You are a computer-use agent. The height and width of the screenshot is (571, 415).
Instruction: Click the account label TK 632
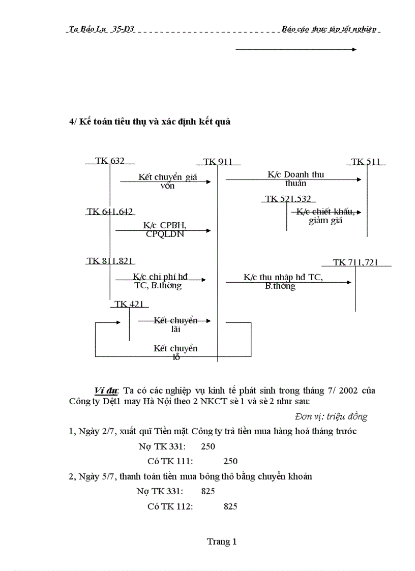(x=109, y=161)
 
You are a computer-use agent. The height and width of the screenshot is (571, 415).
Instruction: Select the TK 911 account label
(x=218, y=162)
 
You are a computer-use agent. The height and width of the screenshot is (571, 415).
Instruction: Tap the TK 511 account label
(x=366, y=162)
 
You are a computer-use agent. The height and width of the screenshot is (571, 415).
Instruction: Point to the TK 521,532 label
(x=288, y=199)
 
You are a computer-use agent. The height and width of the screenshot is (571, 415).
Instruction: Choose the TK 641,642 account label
(x=110, y=212)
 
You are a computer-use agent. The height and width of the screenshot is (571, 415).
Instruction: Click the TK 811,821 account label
(x=110, y=261)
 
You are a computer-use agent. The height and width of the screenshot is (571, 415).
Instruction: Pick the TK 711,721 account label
(x=355, y=262)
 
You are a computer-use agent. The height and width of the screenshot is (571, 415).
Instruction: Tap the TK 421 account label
(x=129, y=304)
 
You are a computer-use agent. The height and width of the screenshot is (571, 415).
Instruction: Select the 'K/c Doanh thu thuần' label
(x=295, y=179)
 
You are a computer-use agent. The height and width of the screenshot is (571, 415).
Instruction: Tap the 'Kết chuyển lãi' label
(x=175, y=324)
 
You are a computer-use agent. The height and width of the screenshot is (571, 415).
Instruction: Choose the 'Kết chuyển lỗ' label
(x=175, y=352)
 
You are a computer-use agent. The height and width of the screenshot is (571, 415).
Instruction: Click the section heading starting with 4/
(x=150, y=122)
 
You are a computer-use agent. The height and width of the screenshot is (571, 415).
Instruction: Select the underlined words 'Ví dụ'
(x=106, y=390)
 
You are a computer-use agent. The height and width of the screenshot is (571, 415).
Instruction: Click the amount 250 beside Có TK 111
(x=230, y=461)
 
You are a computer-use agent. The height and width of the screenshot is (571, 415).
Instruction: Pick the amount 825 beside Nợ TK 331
(x=207, y=491)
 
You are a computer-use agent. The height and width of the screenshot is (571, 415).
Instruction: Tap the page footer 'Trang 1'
(x=222, y=542)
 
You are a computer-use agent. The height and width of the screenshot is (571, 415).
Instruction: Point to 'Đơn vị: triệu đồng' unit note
(x=331, y=416)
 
